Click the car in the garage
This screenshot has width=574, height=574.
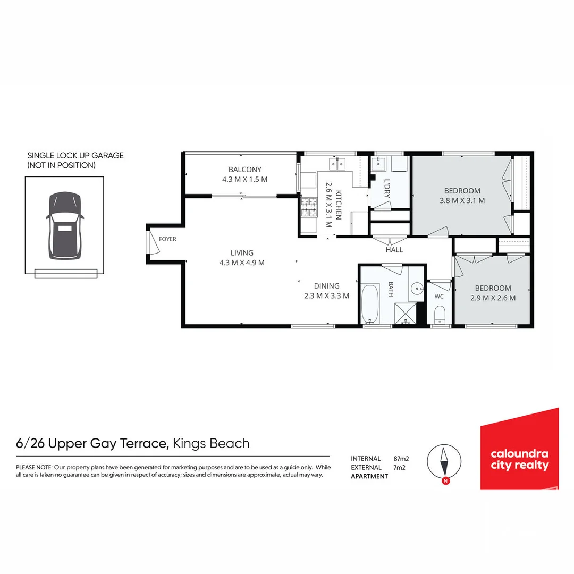pyautogui.click(x=65, y=226)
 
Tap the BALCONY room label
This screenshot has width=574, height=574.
pyautogui.click(x=245, y=170)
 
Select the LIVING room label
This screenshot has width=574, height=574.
pyautogui.click(x=242, y=252)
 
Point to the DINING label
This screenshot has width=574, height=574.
pyautogui.click(x=326, y=286)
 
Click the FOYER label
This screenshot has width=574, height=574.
pyautogui.click(x=167, y=239)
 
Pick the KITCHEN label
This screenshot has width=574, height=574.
pyautogui.click(x=338, y=205)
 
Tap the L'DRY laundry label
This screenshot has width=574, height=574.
pyautogui.click(x=386, y=188)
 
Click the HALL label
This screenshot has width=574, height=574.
pyautogui.click(x=394, y=250)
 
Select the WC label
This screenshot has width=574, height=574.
pyautogui.click(x=439, y=296)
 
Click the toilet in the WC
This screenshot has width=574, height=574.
pyautogui.click(x=440, y=315)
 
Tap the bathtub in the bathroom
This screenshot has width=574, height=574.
pyautogui.click(x=370, y=304)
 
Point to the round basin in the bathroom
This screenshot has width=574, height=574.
pyautogui.click(x=417, y=289)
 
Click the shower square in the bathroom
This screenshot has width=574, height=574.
pyautogui.click(x=405, y=314)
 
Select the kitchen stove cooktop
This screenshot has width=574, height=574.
pyautogui.click(x=309, y=207)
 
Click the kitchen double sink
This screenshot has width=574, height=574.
pyautogui.click(x=337, y=164)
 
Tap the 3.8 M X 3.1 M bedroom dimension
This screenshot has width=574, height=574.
pyautogui.click(x=462, y=200)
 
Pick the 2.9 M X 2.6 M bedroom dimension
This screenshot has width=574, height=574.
pyautogui.click(x=493, y=298)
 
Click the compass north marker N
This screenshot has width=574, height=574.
pyautogui.click(x=445, y=481)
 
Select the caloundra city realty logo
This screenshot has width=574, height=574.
pyautogui.click(x=519, y=449)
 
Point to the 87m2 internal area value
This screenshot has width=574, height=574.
pyautogui.click(x=401, y=459)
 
